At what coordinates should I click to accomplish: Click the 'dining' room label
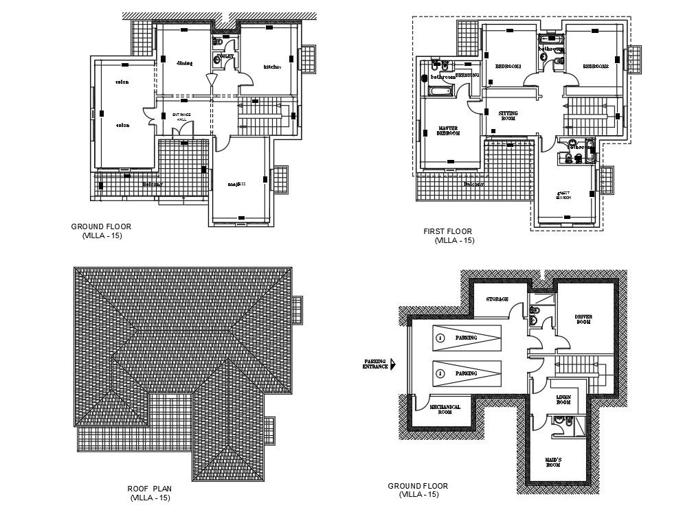[184, 63]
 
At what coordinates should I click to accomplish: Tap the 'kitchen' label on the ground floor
[272, 67]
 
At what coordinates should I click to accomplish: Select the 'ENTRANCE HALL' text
[181, 117]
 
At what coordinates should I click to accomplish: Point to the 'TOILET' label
[225, 55]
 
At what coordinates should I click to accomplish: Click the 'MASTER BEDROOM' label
[448, 130]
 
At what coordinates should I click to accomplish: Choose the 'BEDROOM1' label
[508, 66]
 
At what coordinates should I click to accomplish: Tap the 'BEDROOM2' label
[596, 67]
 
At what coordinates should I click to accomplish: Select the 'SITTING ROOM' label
[508, 115]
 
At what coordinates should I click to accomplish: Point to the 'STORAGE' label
[497, 299]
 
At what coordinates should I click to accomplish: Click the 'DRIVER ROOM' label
[583, 319]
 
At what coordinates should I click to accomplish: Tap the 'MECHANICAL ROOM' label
[445, 410]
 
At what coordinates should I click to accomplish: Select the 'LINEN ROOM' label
[563, 399]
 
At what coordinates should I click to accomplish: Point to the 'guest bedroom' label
[563, 195]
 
